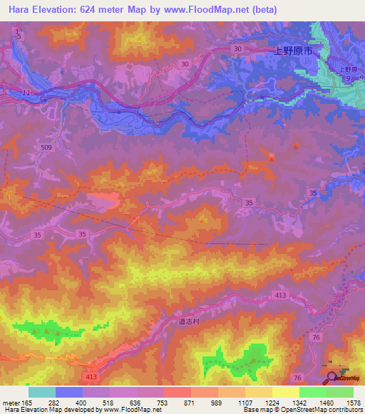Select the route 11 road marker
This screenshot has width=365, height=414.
click(26, 93)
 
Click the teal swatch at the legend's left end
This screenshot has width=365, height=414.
click(42, 391)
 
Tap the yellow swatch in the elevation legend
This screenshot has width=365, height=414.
click(285, 391)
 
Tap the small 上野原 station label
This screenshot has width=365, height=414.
click(347, 69)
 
